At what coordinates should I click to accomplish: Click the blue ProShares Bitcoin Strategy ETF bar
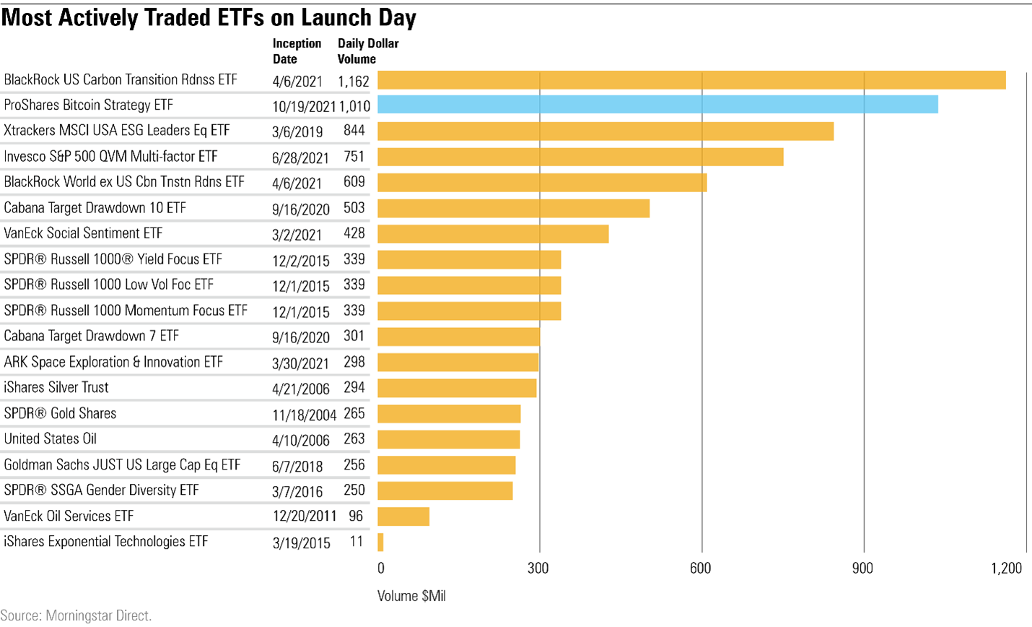[657, 105]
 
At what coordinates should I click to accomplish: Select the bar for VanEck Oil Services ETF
[403, 516]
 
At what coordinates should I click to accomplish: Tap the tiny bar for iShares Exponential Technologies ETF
[380, 542]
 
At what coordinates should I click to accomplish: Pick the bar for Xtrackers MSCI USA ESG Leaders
[605, 131]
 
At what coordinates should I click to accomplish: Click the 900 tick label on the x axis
[862, 568]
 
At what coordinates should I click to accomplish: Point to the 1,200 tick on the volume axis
[1006, 568]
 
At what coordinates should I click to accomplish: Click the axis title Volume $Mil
[411, 597]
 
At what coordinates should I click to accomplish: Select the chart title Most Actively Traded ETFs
[209, 17]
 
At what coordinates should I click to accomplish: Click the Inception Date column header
[297, 51]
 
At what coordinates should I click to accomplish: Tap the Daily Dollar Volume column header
[367, 51]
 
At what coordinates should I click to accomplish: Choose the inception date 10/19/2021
[304, 107]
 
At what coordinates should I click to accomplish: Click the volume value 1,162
[354, 81]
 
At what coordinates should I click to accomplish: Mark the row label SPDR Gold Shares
[60, 414]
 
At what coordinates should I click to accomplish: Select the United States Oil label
[51, 439]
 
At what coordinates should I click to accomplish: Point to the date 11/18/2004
[304, 415]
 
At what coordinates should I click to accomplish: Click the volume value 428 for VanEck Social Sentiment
[354, 233]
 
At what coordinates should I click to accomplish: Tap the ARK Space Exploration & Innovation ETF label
[113, 362]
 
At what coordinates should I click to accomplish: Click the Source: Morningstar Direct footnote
[76, 616]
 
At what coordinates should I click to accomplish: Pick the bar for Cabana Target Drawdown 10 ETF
[513, 208]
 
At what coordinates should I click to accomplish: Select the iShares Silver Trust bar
[457, 388]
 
